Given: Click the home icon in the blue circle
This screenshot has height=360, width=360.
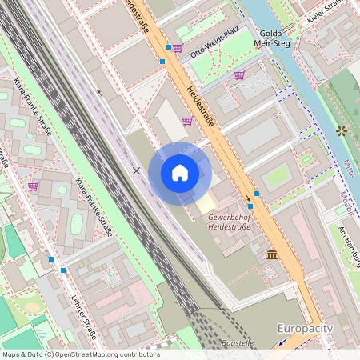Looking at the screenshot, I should tap(180, 173).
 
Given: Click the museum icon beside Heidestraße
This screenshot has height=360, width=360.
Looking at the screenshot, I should tap(273, 254).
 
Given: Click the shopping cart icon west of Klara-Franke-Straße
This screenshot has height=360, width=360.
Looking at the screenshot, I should tap(34, 186).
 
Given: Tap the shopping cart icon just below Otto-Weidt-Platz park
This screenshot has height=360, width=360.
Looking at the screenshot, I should tap(238, 75).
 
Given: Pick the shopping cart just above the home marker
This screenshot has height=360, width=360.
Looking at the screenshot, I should tap(186, 121).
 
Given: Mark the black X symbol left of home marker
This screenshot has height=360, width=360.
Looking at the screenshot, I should tap(136, 170).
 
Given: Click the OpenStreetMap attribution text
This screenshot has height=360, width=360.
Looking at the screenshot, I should tap(80, 354).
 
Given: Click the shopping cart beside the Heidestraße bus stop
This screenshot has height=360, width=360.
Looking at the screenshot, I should tap(177, 48).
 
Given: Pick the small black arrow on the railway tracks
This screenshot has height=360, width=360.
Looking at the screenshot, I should tap(100, 92).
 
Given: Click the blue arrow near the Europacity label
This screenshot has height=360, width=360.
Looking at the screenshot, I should tap(282, 342).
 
